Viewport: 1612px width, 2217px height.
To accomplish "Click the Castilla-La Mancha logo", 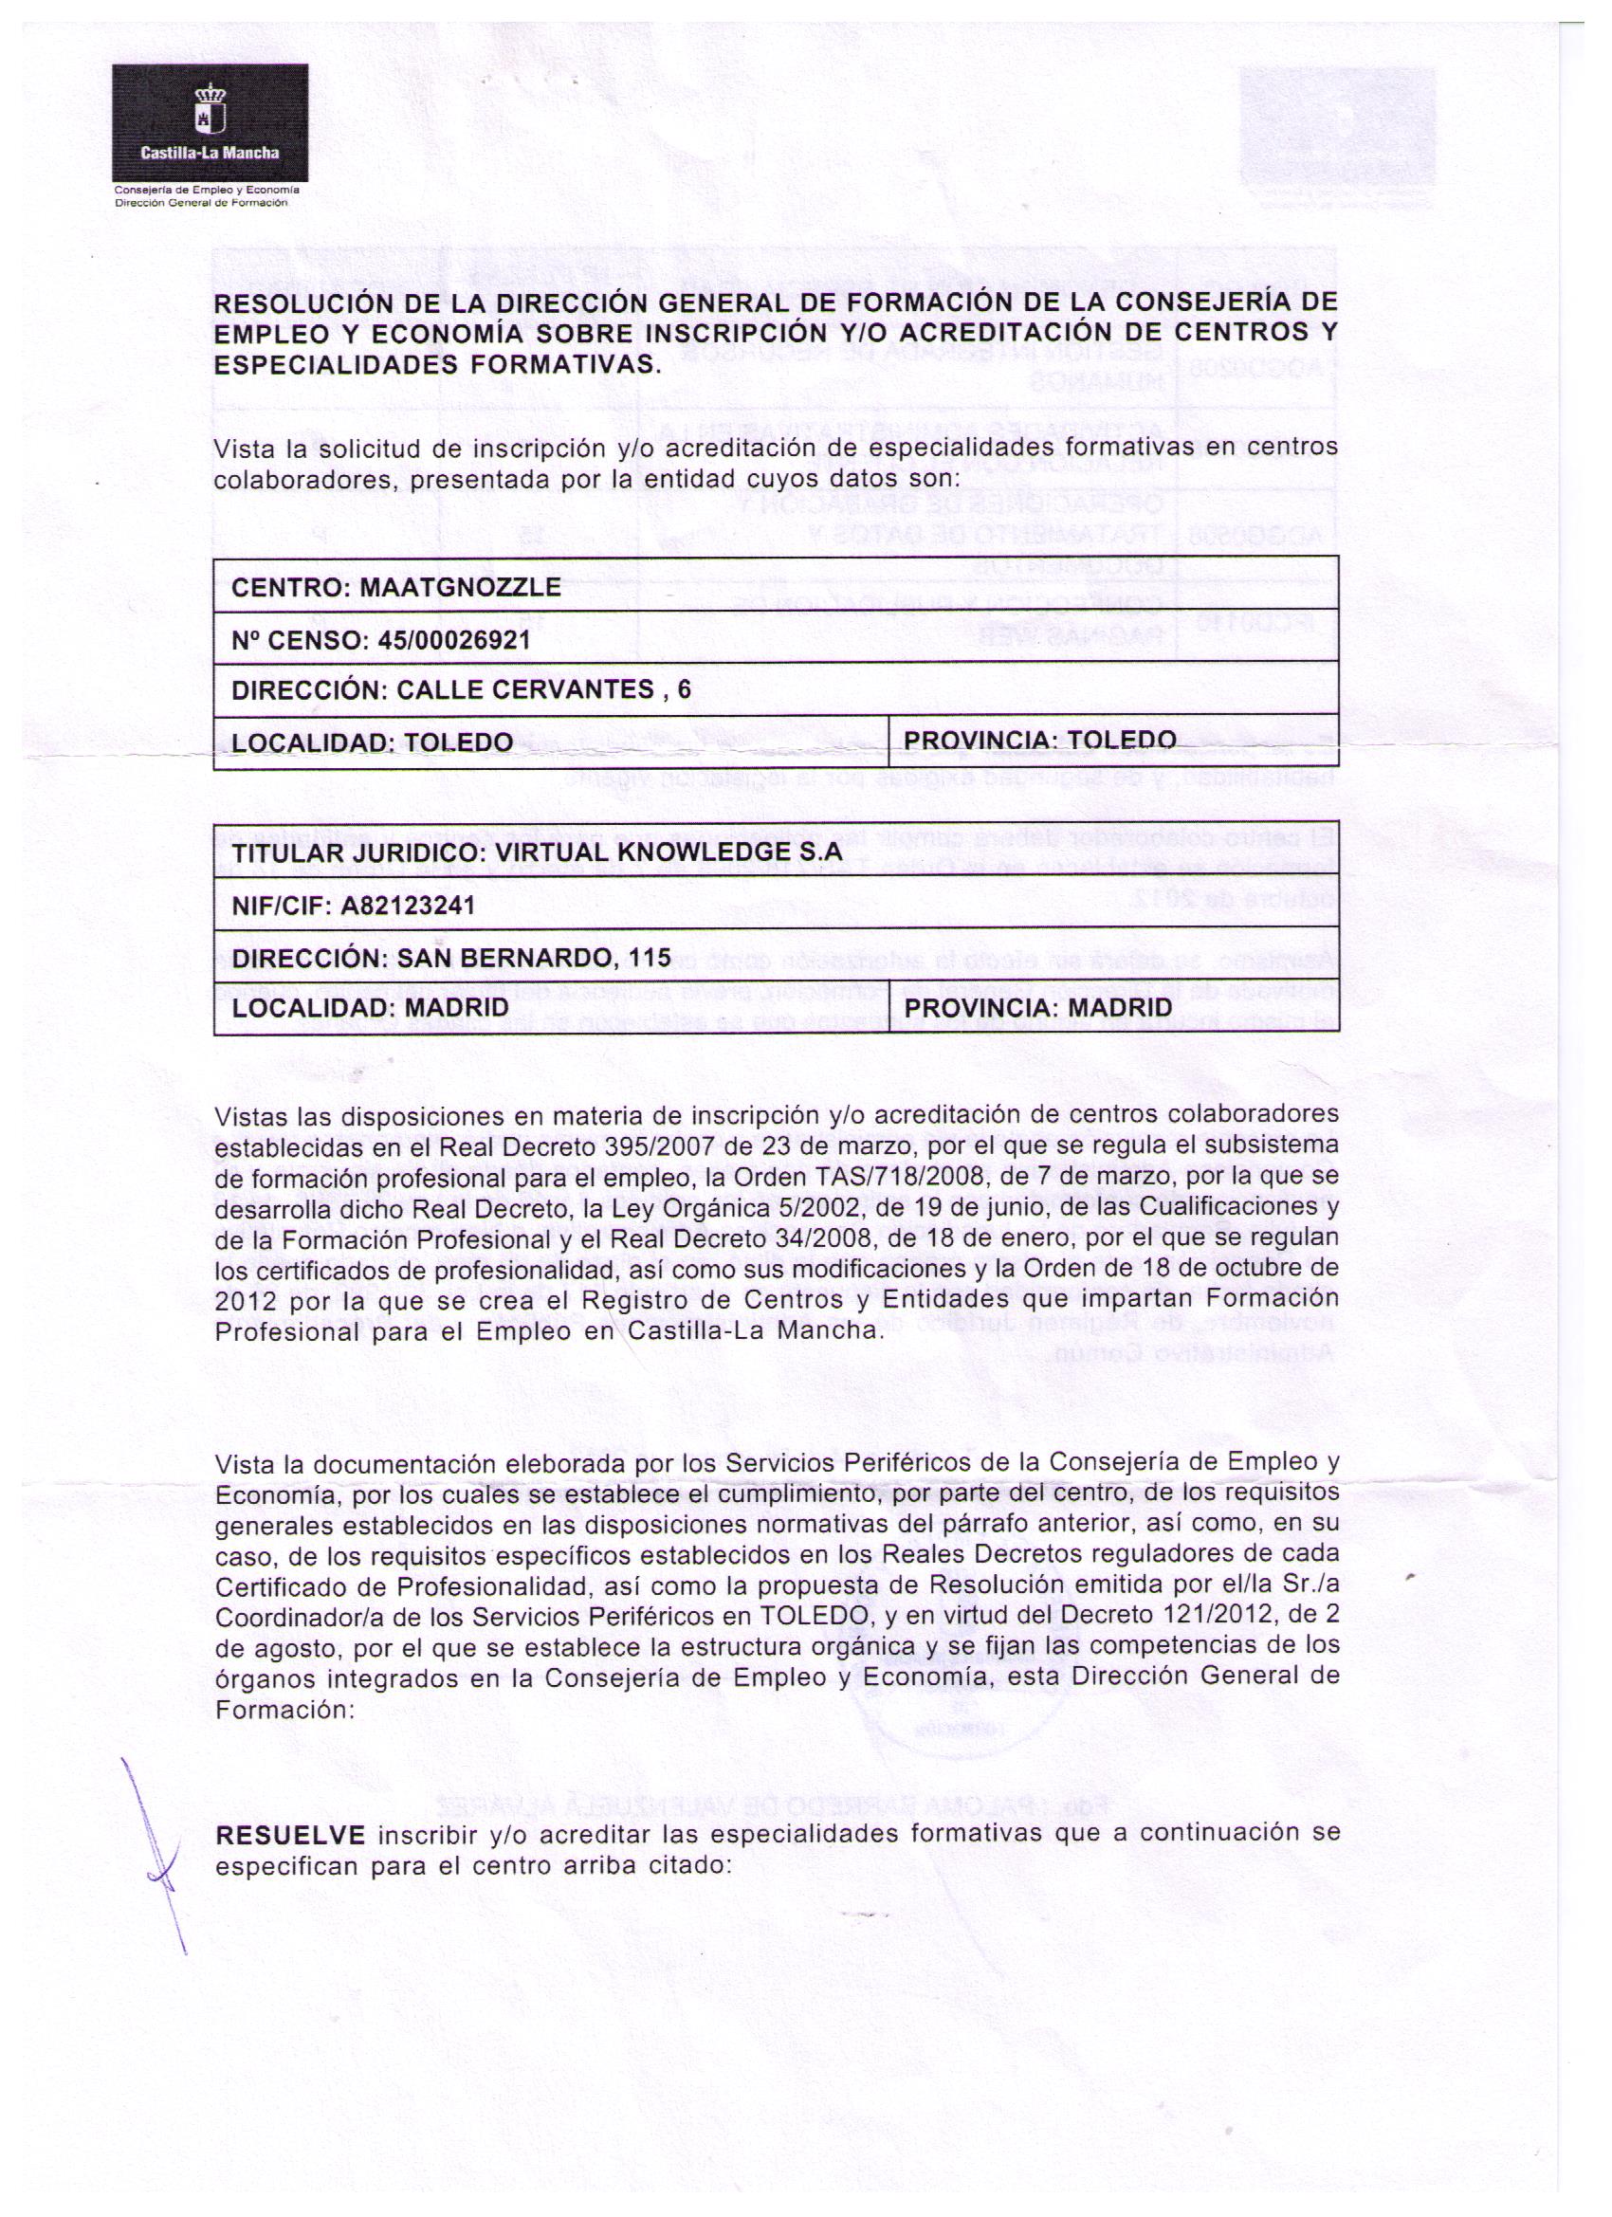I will (211, 122).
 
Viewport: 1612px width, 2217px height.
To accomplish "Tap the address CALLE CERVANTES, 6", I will (543, 690).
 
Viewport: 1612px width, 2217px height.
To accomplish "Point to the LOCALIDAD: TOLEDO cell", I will (372, 742).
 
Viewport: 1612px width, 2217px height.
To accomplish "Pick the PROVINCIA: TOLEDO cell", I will (1039, 739).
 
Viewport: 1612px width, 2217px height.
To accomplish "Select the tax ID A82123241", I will (408, 907).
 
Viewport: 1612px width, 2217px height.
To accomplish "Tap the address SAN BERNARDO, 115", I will (534, 958).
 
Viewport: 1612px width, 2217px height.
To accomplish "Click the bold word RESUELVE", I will (290, 1834).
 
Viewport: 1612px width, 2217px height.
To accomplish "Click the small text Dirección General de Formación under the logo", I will (201, 203).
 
